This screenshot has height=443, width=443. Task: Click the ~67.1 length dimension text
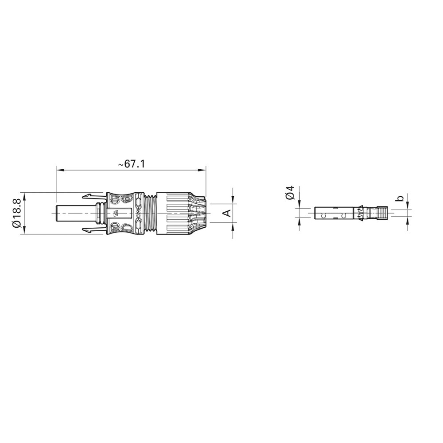pos(132,164)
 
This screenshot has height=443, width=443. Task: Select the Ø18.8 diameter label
pos(17,213)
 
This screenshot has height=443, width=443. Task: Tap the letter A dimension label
pos(226,213)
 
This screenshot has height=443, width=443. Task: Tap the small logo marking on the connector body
pos(117,213)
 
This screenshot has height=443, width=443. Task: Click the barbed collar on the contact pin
pos(359,213)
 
